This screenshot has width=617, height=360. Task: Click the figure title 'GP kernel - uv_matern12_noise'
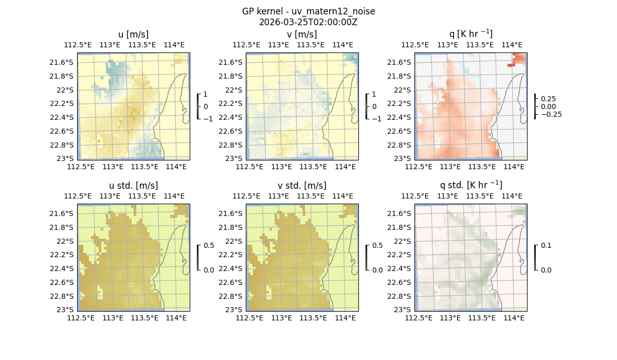(x=308, y=11)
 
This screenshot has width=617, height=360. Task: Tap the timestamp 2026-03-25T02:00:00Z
(x=308, y=22)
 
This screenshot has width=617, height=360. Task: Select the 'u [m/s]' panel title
(x=134, y=34)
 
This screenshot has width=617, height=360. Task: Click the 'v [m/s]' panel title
(x=302, y=34)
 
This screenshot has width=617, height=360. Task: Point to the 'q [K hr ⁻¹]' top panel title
(x=470, y=34)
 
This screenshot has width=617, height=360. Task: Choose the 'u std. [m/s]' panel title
(x=134, y=186)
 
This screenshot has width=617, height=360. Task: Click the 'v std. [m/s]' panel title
(x=302, y=186)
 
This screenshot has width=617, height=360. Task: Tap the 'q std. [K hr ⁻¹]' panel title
(x=470, y=185)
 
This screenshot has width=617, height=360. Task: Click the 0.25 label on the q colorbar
(x=548, y=98)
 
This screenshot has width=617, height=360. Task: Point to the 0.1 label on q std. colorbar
(x=545, y=246)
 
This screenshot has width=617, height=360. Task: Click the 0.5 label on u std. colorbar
(x=209, y=246)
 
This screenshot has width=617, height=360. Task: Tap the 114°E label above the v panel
(x=342, y=45)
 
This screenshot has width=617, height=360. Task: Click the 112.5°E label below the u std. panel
(x=81, y=318)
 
